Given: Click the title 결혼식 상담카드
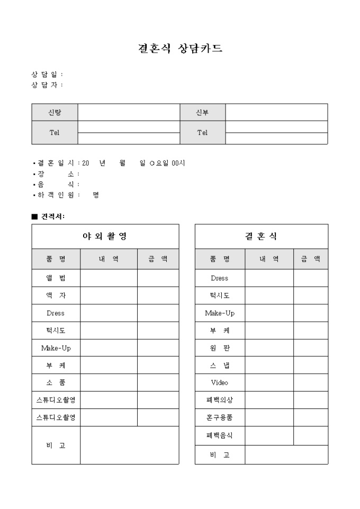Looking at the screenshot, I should pos(180,49).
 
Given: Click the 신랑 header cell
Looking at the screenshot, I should pos(55,112).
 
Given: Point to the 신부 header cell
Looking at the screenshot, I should pos(202,112).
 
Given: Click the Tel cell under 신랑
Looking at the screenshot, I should pos(55,133).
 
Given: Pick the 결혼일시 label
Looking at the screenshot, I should pos(56,163).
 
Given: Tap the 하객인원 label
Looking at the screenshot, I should pos(56,195).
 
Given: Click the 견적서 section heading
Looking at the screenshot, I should pos(51,216).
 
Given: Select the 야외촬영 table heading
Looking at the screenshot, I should pos(105,237).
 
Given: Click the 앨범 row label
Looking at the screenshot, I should pos(56,278).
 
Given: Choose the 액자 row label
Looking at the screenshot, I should pos(56,296).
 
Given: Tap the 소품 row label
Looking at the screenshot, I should pos(56,383).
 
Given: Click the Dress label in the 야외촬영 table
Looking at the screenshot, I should pos(56,313).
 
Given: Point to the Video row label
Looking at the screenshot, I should pos(220,383).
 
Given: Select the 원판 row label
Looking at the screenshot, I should pos(220,348).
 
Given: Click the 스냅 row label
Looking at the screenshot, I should pos(220,366).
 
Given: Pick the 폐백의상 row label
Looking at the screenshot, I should pos(220,400).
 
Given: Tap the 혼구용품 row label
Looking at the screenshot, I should pos(220,417).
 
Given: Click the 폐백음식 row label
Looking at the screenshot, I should pos(220,435).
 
